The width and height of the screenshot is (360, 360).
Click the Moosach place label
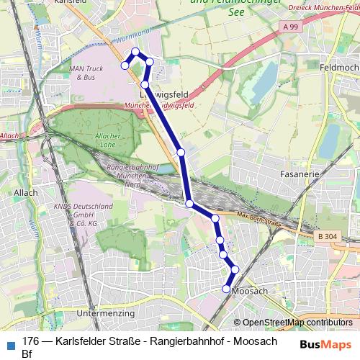(x=250, y=290)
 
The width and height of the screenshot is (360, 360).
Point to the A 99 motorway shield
(x=289, y=25)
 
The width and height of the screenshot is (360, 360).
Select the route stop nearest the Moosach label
(x=227, y=290)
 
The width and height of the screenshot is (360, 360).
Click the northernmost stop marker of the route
(x=135, y=51)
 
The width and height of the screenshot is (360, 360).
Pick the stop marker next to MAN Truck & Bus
(x=125, y=66)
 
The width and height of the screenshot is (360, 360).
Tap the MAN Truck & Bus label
(x=81, y=71)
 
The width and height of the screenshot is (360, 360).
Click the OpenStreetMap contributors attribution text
(x=297, y=323)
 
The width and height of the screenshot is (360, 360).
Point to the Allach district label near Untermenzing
(x=20, y=192)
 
